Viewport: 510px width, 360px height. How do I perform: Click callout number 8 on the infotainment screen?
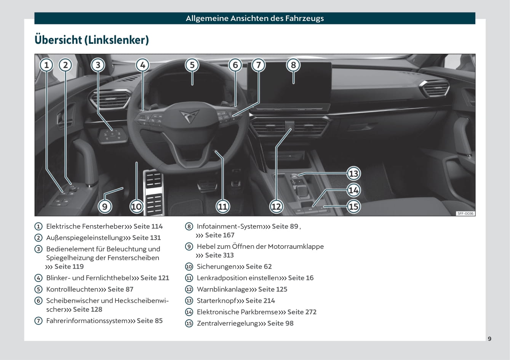click(293, 65)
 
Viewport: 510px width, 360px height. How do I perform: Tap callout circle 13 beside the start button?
click(353, 174)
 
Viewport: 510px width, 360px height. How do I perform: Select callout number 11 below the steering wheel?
click(222, 207)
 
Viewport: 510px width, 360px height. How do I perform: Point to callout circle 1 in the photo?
click(46, 65)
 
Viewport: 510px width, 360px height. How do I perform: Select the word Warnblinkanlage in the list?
click(222, 289)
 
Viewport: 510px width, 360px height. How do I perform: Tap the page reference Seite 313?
click(219, 255)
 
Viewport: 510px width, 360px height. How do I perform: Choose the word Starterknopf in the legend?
click(216, 301)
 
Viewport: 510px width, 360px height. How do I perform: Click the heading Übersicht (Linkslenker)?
click(91, 40)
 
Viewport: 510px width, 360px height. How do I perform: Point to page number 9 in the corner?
click(489, 339)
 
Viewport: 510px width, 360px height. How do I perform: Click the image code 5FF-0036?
click(465, 214)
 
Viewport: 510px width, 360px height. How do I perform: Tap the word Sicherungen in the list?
click(216, 267)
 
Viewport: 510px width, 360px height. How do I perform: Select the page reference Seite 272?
click(302, 312)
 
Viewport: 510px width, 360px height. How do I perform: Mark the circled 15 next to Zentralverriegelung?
click(189, 323)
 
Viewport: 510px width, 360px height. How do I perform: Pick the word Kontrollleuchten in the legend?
click(72, 290)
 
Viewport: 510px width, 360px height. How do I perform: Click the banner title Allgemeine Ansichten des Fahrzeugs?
click(255, 18)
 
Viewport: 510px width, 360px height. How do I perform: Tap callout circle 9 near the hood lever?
click(105, 207)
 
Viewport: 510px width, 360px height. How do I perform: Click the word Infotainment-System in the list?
click(229, 226)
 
